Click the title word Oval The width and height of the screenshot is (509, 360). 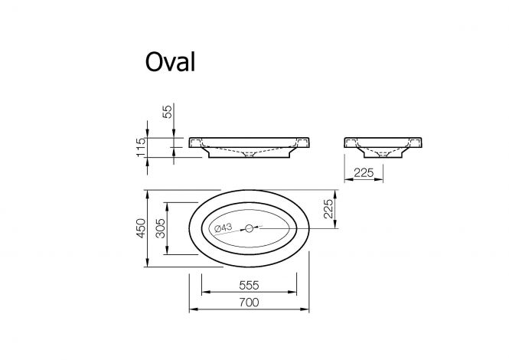point(170,61)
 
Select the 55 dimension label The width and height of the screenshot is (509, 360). point(167,112)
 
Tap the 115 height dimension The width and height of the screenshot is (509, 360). point(141,148)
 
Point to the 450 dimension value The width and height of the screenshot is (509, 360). point(141,228)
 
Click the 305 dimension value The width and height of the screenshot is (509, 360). point(161,228)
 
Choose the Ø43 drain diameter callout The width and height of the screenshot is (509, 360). point(223,227)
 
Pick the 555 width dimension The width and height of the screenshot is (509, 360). point(249,285)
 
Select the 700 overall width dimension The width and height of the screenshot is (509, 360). point(249,303)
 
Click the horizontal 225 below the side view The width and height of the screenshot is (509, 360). point(364,173)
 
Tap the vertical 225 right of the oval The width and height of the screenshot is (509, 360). point(328,209)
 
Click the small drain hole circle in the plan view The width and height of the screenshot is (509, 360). point(249,228)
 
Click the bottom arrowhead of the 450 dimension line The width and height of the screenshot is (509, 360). point(148,263)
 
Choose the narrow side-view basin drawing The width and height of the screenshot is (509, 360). point(383,148)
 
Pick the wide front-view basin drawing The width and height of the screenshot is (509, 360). point(249,148)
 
